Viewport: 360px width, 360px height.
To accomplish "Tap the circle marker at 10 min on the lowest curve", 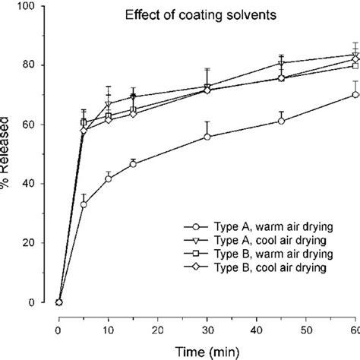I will tap(108, 178).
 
